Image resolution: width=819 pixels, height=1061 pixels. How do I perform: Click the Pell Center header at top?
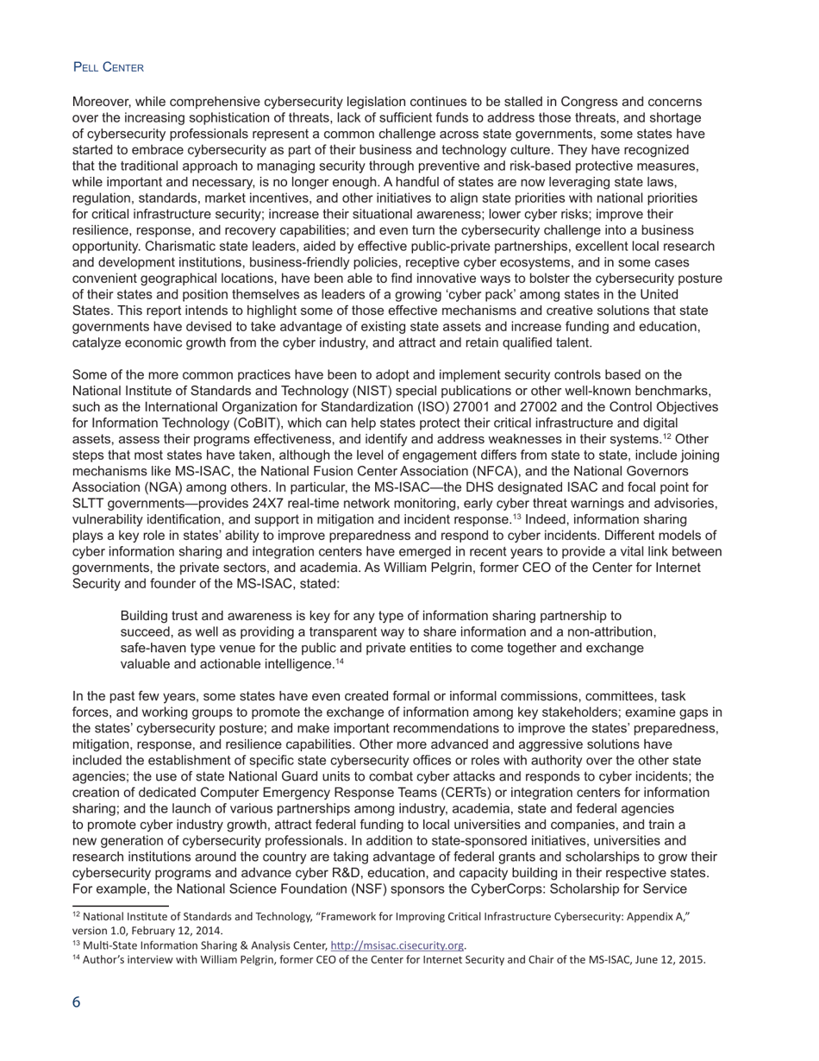click(108, 67)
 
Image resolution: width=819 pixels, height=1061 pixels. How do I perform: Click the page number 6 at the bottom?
click(77, 1002)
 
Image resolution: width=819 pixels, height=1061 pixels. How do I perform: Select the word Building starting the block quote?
click(146, 616)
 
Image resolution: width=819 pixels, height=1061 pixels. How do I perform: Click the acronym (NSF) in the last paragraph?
click(357, 888)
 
